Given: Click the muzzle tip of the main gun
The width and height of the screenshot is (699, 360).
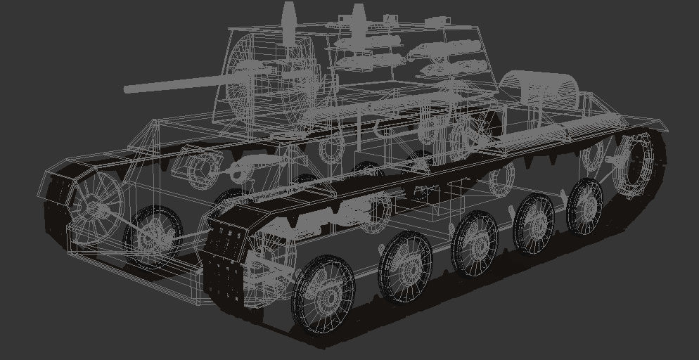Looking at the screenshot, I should pyautogui.click(x=127, y=89).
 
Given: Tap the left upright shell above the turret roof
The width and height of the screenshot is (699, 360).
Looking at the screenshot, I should pyautogui.click(x=288, y=15).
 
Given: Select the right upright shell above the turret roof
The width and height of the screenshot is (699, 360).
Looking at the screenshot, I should pyautogui.click(x=358, y=16).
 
